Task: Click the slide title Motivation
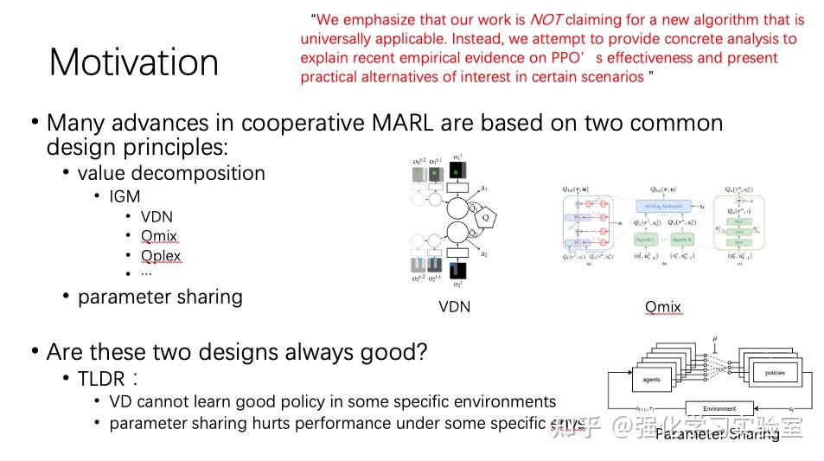[134, 62]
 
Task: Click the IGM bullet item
[125, 196]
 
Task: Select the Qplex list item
[161, 256]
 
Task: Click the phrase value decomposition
[171, 173]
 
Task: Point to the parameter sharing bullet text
[160, 297]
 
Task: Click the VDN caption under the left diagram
[455, 307]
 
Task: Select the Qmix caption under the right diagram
[663, 307]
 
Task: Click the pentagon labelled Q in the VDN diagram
[486, 218]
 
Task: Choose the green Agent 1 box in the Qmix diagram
[647, 238]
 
